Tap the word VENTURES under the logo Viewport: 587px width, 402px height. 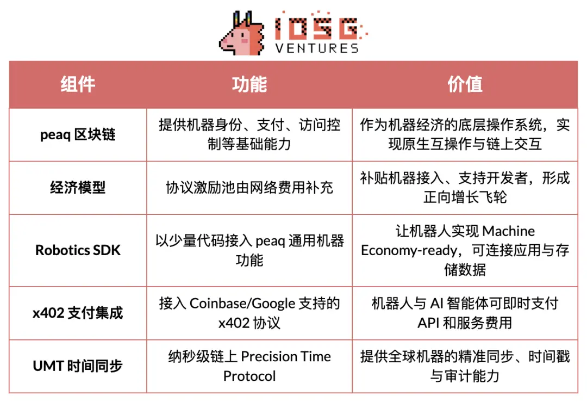pyautogui.click(x=317, y=48)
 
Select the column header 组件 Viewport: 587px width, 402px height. pyautogui.click(x=78, y=84)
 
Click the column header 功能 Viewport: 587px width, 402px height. pyautogui.click(x=249, y=84)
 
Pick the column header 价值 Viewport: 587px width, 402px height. pyautogui.click(x=465, y=84)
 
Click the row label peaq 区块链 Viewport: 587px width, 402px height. pyautogui.click(x=78, y=134)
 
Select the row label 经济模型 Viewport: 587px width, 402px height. pyautogui.click(x=78, y=188)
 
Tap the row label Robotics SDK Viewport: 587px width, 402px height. pyautogui.click(x=78, y=250)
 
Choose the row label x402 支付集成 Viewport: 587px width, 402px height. pyautogui.click(x=78, y=313)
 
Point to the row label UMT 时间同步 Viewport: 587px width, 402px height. pyautogui.click(x=78, y=366)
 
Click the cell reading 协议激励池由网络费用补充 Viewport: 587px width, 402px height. pyautogui.click(x=249, y=188)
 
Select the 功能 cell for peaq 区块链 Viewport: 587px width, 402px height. pyautogui.click(x=249, y=134)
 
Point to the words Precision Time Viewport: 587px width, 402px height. pyautogui.click(x=286, y=356)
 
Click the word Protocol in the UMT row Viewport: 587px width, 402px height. pyautogui.click(x=249, y=376)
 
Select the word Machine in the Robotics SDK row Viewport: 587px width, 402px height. pyautogui.click(x=509, y=231)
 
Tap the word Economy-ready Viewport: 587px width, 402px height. pyautogui.click(x=399, y=250)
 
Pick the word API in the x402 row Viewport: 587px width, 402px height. pyautogui.click(x=428, y=323)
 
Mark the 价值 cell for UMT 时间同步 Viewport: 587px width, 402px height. pyautogui.click(x=465, y=366)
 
